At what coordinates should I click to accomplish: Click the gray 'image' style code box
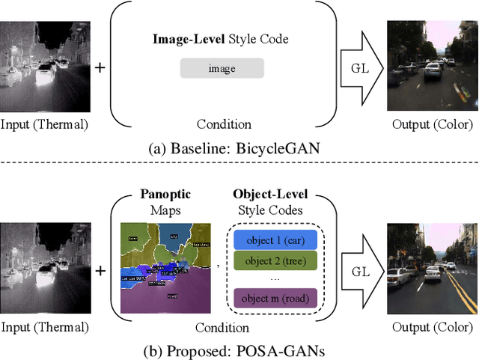[222, 69]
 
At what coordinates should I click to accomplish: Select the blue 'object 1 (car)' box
[275, 240]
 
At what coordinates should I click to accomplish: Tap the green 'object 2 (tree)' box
[275, 260]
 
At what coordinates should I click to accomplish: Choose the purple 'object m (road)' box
[275, 299]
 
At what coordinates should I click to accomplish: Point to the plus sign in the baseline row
[100, 68]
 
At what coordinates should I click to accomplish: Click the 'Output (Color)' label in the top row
[433, 124]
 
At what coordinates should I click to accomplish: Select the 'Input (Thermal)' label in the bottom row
[44, 326]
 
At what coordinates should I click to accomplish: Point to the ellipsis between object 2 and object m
[275, 279]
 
